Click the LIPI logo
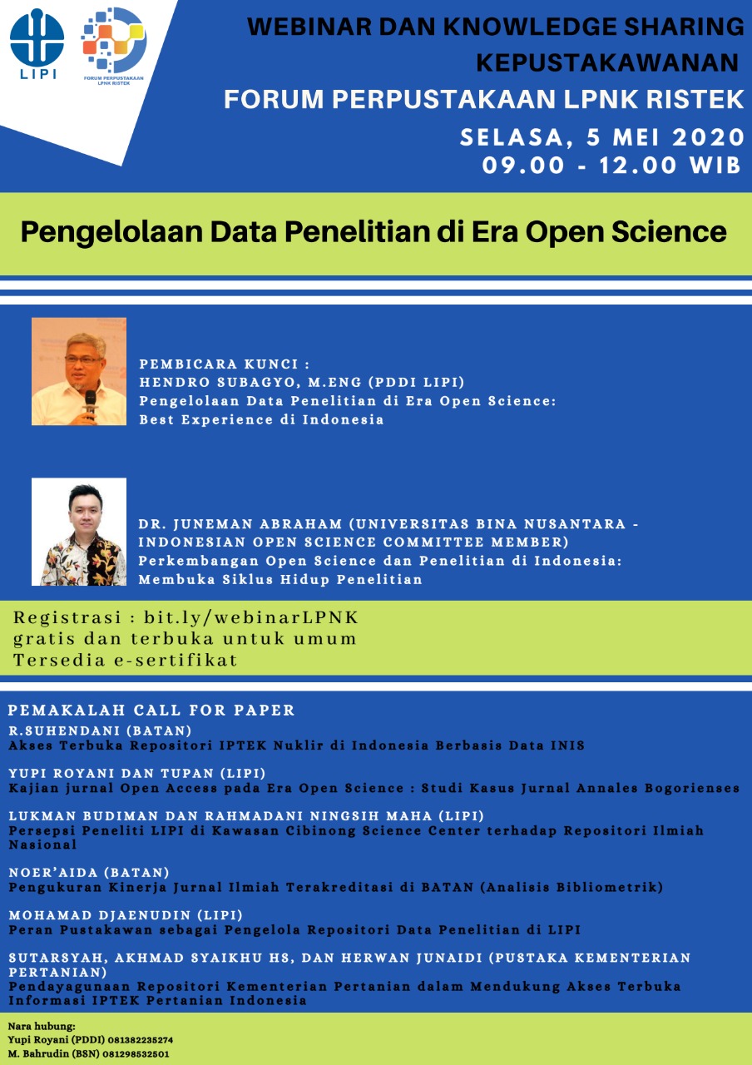(37, 44)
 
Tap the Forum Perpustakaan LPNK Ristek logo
(114, 46)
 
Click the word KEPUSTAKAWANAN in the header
(607, 62)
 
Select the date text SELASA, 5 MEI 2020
(601, 137)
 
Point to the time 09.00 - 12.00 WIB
(611, 166)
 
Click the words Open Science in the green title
(626, 232)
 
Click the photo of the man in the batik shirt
(79, 532)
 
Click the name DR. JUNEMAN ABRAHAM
(240, 524)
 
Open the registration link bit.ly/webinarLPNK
(251, 617)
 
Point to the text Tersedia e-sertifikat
(125, 660)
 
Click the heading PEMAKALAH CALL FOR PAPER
(151, 710)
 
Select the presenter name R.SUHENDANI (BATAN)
(100, 731)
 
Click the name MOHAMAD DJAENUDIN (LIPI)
(126, 914)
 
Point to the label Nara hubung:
(42, 1027)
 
